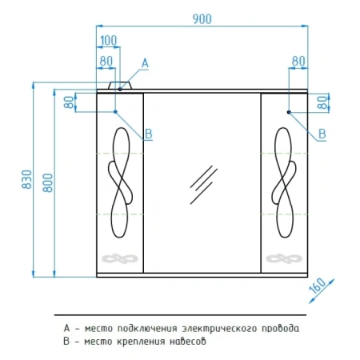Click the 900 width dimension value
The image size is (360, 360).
[x=202, y=19]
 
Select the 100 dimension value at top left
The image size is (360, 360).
[x=109, y=41]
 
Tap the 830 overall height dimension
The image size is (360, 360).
[x=27, y=179]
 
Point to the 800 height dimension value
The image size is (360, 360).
[x=48, y=183]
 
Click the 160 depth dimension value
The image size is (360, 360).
[x=318, y=286]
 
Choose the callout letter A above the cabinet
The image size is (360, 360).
[x=145, y=63]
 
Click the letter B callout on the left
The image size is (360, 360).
[x=149, y=134]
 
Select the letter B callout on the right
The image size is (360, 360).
[x=322, y=134]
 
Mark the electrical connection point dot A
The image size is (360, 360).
[x=120, y=89]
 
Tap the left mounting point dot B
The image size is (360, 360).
[x=115, y=112]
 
